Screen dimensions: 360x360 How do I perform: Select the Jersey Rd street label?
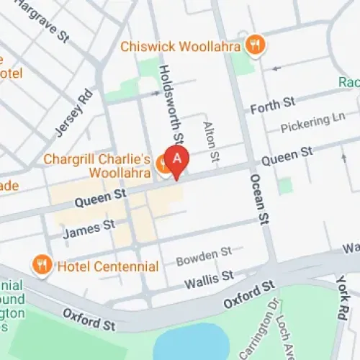coord(74,113)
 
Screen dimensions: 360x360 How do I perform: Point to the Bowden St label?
coord(204,253)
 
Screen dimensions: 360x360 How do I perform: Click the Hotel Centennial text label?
coord(109,266)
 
